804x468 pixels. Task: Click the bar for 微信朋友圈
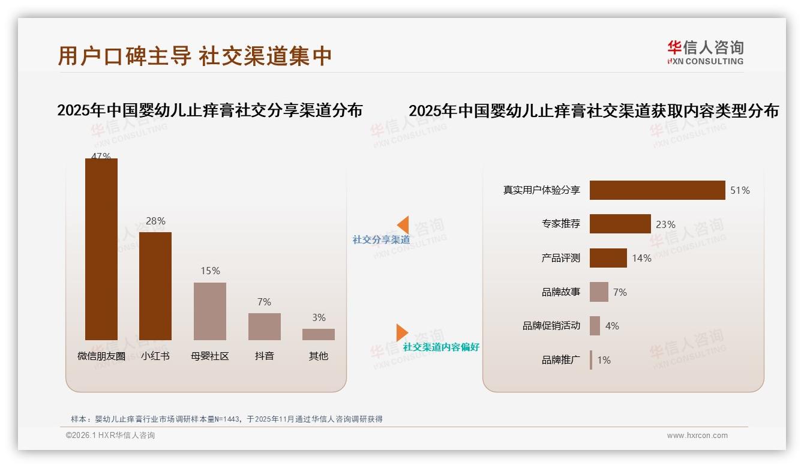(101, 249)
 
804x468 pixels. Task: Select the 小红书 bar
(155, 286)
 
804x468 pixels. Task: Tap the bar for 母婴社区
(210, 311)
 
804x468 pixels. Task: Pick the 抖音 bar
(264, 326)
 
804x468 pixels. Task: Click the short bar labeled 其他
(319, 334)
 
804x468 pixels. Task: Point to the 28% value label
(155, 221)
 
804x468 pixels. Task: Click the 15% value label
(210, 271)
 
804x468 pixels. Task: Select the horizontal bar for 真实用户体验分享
(657, 190)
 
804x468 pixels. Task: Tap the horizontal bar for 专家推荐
(620, 224)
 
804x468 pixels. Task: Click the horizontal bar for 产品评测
(608, 258)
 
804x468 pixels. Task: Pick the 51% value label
(740, 190)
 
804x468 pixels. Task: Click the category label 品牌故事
(561, 292)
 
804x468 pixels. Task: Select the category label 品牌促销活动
(551, 326)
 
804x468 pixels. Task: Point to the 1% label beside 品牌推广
(604, 360)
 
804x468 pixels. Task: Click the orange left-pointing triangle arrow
(403, 225)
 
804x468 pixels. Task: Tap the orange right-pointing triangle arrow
(401, 332)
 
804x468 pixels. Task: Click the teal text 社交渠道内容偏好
(441, 347)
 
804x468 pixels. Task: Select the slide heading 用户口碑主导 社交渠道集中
(195, 56)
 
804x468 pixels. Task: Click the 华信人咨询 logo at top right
(705, 52)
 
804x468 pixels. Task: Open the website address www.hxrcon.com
(697, 436)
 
